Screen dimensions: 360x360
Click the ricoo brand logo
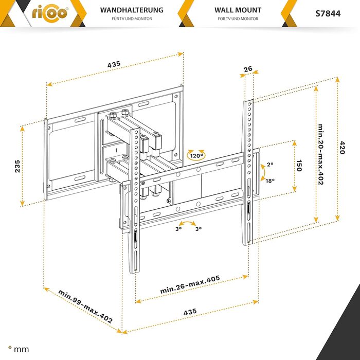[x=50, y=13]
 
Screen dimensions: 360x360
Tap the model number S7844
[x=328, y=14]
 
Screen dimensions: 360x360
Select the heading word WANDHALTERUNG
[x=132, y=10]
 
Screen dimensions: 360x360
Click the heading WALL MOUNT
[x=238, y=10]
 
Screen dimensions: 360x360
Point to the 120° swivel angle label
[x=196, y=156]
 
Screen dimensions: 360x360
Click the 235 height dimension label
[x=17, y=166]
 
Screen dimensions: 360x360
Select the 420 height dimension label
[x=342, y=148]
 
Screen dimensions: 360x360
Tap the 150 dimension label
[x=299, y=166]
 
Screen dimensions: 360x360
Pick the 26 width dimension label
[x=248, y=69]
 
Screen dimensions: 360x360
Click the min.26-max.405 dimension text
[x=190, y=284]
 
